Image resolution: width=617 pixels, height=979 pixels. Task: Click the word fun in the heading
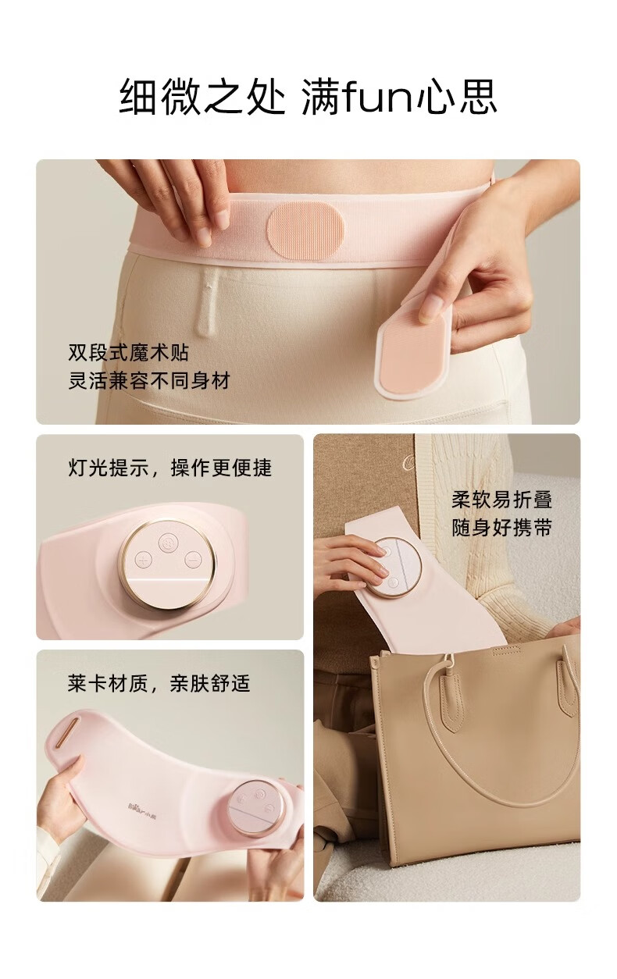pyautogui.click(x=378, y=97)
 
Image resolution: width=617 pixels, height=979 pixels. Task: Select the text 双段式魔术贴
pyautogui.click(x=128, y=353)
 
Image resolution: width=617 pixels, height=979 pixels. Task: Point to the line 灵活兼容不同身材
pyautogui.click(x=148, y=381)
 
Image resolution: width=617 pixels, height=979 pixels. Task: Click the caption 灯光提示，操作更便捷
pyautogui.click(x=169, y=468)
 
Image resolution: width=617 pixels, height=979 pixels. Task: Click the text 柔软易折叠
pyautogui.click(x=502, y=500)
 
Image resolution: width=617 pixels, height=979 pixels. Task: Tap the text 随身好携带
pyautogui.click(x=502, y=528)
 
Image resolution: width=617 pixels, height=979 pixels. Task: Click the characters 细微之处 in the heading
pyautogui.click(x=202, y=97)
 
